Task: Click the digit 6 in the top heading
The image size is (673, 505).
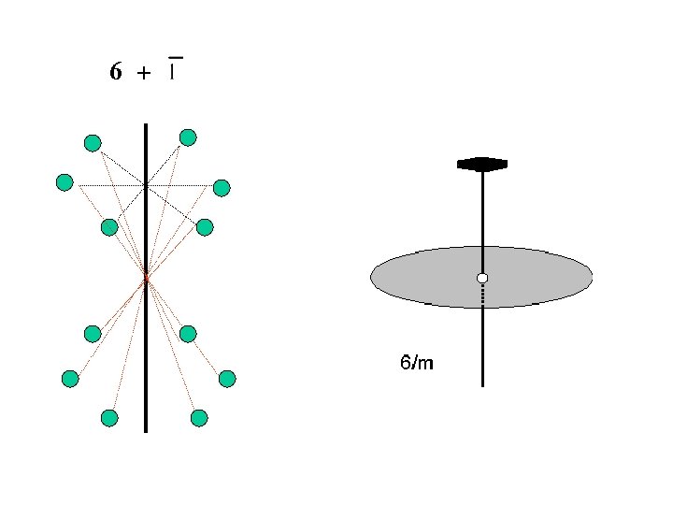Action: coord(115,72)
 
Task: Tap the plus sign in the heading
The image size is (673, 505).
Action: coord(143,75)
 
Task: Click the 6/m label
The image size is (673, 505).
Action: coord(417,362)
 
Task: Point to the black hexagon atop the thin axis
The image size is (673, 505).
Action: coord(482,165)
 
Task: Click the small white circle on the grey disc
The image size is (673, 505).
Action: coord(482,278)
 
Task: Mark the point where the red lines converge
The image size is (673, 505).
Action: coord(146,277)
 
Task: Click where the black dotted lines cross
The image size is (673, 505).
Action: coord(146,186)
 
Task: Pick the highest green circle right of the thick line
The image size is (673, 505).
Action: coord(188,138)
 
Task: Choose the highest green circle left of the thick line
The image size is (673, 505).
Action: coord(93,143)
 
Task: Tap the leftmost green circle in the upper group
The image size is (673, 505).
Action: coord(64,182)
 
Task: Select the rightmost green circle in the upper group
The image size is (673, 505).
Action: coord(222,188)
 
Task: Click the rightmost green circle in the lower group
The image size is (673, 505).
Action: coord(227,379)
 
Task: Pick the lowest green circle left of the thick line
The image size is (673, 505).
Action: coord(109,418)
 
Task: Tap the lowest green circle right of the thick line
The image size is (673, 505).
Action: coord(199,418)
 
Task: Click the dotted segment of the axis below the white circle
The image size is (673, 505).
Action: coord(482,296)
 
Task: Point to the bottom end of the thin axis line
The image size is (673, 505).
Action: coord(482,384)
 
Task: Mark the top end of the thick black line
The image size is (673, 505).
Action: coord(146,125)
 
